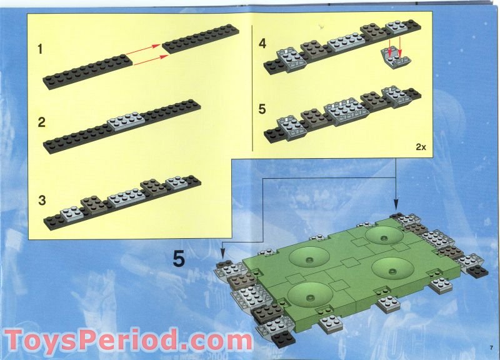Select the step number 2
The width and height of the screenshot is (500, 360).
tap(41, 122)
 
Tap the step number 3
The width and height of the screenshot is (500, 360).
tap(41, 201)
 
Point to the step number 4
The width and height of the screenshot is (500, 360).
tap(262, 44)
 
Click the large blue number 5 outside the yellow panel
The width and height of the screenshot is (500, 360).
tap(179, 258)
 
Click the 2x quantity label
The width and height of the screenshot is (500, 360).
tap(420, 147)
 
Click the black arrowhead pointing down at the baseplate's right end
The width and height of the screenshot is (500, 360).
tap(394, 205)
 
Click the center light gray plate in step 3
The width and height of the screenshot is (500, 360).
tap(126, 198)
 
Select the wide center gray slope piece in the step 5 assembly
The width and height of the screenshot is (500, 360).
tap(342, 111)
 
